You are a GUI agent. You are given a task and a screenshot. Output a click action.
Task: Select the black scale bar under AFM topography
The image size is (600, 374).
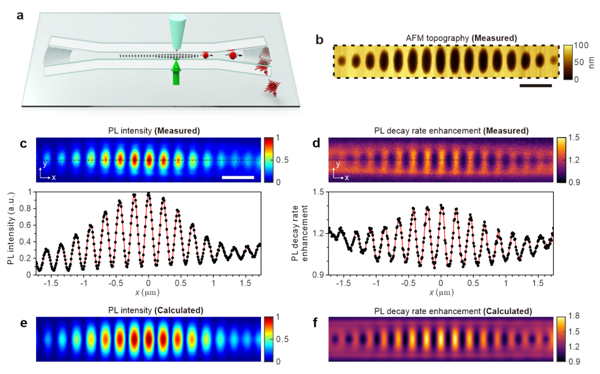[536, 86]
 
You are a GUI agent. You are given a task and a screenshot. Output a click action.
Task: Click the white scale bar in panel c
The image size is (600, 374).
[238, 178]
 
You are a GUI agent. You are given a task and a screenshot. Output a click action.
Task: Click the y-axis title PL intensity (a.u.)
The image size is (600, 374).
[12, 233]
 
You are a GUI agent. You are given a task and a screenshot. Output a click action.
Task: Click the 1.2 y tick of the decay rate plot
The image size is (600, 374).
[318, 233]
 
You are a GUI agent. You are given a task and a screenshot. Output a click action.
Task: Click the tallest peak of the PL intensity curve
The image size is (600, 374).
[148, 193]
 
